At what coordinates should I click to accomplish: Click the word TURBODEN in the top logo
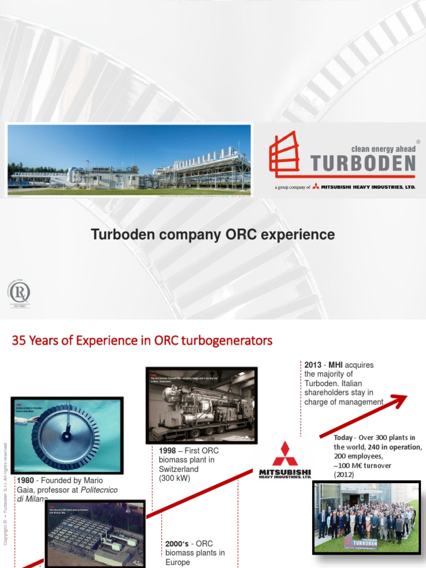363,163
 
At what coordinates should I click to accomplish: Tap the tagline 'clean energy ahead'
383,149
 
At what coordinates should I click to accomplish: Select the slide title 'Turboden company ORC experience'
213,235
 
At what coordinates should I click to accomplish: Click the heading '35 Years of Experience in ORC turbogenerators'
142,340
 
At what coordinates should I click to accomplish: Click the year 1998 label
169,451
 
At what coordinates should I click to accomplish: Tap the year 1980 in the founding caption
27,480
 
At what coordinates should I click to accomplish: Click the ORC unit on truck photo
201,405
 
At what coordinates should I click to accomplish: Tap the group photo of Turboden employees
367,517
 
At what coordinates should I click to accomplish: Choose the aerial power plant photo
95,534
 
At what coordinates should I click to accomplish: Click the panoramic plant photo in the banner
129,160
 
